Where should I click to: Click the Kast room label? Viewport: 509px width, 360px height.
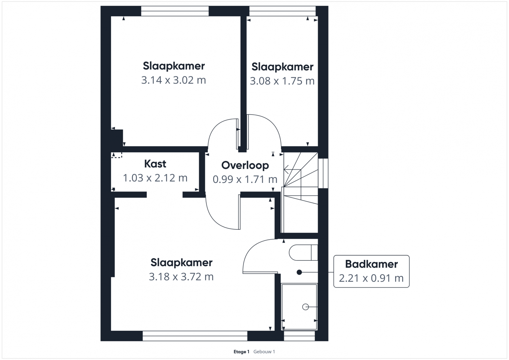tap(155, 164)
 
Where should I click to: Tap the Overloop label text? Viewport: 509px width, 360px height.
tap(245, 165)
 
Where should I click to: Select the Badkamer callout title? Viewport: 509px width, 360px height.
tap(371, 264)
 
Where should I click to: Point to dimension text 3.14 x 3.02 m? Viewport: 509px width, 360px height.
tap(174, 80)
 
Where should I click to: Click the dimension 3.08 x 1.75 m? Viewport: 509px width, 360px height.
tap(282, 81)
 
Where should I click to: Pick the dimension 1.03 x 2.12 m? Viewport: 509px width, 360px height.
tap(155, 178)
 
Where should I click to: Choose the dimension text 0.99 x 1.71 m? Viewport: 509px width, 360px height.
tap(245, 179)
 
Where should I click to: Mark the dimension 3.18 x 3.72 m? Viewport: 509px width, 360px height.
tap(181, 276)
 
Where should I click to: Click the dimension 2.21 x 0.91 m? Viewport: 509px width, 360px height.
tap(371, 278)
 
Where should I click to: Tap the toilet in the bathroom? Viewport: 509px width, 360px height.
tap(303, 252)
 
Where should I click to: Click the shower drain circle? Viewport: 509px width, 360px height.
tap(305, 307)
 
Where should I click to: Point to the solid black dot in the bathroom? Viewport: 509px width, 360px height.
tap(299, 272)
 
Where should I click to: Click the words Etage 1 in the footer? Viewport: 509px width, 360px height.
tap(241, 352)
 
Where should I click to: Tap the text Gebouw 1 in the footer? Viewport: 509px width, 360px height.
tap(264, 352)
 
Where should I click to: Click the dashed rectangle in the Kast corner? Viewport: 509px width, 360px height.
tap(117, 155)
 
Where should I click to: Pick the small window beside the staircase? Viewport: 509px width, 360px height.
tap(323, 173)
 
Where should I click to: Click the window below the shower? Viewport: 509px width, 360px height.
tap(299, 336)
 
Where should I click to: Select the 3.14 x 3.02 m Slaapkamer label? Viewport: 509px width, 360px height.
tap(174, 66)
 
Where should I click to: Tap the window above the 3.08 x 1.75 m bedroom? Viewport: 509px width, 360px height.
tap(282, 11)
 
